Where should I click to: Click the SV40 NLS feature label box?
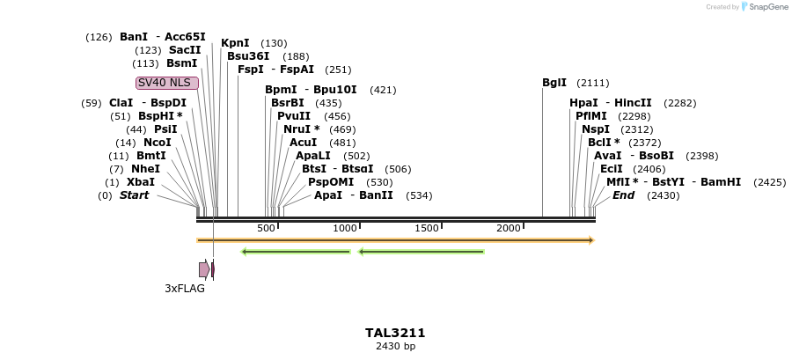click(x=167, y=83)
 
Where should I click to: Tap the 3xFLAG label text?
click(x=185, y=288)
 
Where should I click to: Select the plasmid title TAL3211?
click(x=395, y=333)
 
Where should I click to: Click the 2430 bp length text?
click(x=395, y=347)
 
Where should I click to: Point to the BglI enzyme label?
click(x=554, y=83)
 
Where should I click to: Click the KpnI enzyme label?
click(x=235, y=43)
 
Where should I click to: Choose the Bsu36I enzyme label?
click(x=248, y=56)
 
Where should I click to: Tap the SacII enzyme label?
click(x=185, y=50)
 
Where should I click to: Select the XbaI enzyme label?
click(x=141, y=182)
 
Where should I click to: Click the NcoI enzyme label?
click(x=157, y=143)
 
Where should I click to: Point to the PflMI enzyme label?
click(x=591, y=116)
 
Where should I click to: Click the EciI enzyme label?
click(x=612, y=169)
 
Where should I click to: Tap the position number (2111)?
click(x=593, y=83)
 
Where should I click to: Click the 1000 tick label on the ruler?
click(x=344, y=228)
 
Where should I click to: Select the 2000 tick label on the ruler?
click(x=508, y=228)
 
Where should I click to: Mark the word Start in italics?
click(x=135, y=195)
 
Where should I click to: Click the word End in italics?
click(x=623, y=195)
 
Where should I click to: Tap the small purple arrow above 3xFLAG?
click(x=204, y=269)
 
